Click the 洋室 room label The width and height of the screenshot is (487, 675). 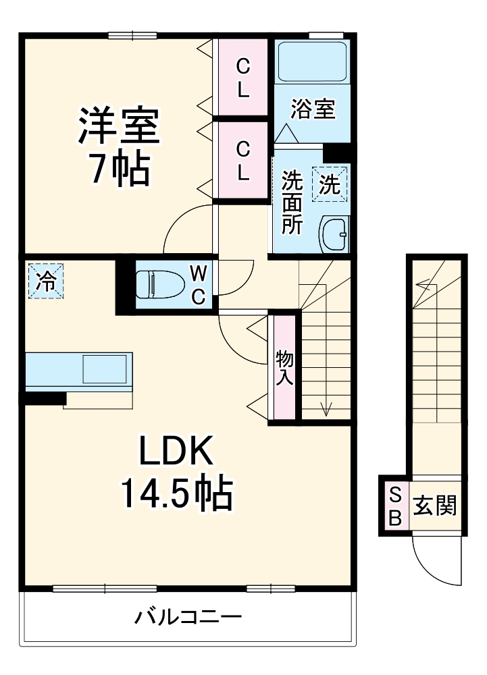[x=119, y=126]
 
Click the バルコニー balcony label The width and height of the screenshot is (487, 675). [x=187, y=617]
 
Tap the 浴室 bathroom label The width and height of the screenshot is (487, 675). [x=313, y=109]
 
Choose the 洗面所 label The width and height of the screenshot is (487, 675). [x=292, y=202]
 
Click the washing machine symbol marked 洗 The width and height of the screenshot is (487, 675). [x=329, y=184]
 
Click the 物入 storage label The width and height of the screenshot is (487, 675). [x=284, y=367]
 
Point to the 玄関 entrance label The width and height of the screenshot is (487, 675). [x=434, y=506]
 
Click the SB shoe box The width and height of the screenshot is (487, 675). [x=395, y=506]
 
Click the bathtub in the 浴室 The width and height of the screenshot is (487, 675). [x=313, y=62]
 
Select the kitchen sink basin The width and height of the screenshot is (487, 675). [x=105, y=369]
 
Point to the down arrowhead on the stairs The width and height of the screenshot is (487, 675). [x=327, y=409]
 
